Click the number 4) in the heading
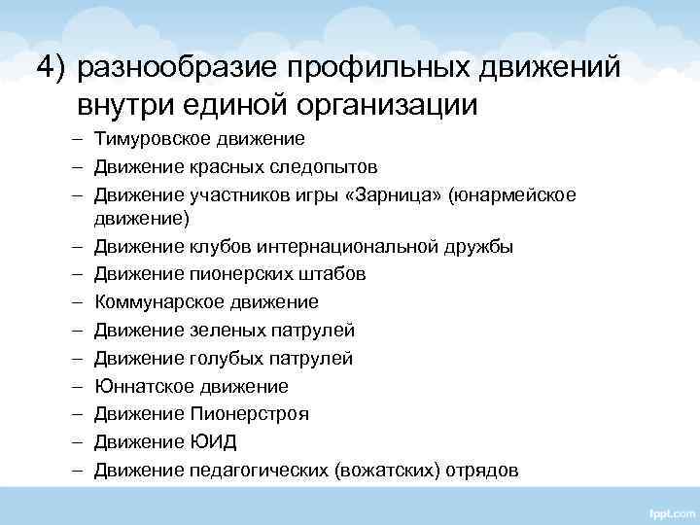pos(52,67)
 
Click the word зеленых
pos(225,331)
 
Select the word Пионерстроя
pos(249,414)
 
